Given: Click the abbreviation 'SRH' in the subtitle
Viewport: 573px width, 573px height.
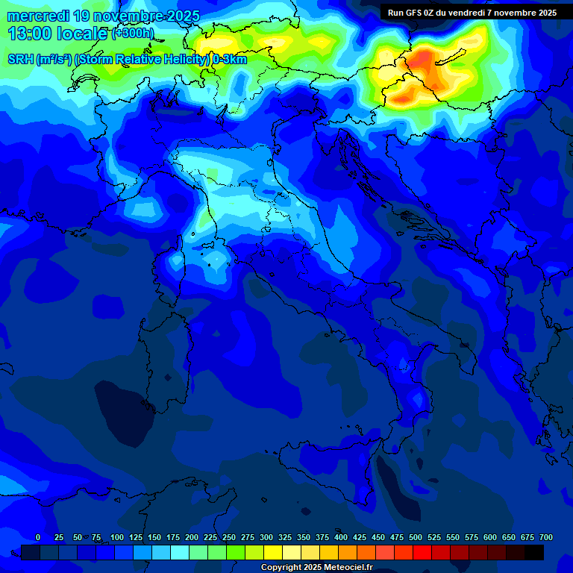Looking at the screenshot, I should click(x=20, y=60).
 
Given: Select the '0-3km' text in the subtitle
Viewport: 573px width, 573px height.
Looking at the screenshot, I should click(x=230, y=60).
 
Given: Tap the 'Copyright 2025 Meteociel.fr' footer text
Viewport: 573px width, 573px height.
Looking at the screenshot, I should click(x=316, y=568).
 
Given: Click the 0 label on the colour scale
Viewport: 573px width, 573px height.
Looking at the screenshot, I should click(x=38, y=537).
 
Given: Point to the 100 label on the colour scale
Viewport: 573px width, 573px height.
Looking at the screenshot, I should click(x=117, y=537).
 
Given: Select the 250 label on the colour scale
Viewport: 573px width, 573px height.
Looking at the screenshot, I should click(x=229, y=537).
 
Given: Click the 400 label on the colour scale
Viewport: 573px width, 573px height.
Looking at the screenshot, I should click(x=341, y=537).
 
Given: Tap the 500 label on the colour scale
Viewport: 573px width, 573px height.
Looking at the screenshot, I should click(x=416, y=537).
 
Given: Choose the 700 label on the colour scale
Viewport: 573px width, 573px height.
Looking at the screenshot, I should click(x=546, y=537).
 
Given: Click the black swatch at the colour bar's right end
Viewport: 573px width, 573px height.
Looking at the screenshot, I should click(x=534, y=552).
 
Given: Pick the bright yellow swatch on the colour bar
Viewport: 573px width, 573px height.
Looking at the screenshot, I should click(x=273, y=552).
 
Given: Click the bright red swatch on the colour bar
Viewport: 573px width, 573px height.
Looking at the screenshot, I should click(x=422, y=552).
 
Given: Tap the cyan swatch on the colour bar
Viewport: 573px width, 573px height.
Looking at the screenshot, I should click(x=180, y=552).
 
